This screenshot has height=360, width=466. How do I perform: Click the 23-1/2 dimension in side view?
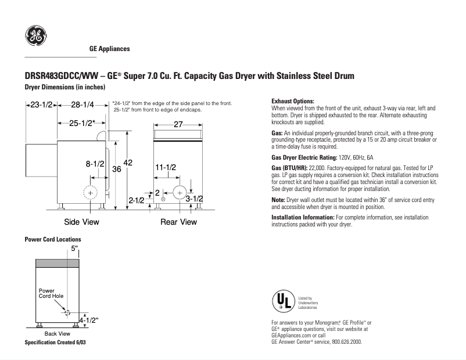[x=41, y=105]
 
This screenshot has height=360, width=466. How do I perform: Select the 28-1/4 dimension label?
[x=83, y=105]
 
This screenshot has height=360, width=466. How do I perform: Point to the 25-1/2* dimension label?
[x=83, y=123]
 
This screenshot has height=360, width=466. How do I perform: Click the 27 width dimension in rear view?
[x=178, y=124]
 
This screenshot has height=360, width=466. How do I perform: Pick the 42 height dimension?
[x=128, y=164]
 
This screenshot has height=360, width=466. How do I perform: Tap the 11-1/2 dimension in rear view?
[x=166, y=167]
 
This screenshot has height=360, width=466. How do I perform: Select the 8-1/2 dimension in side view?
[x=95, y=164]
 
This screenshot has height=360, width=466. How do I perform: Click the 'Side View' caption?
[x=81, y=222]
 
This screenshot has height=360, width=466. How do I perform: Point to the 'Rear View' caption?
[x=178, y=222]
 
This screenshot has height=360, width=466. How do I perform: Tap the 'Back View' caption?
[x=57, y=334]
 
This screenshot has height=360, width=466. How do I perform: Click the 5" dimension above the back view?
[x=74, y=249]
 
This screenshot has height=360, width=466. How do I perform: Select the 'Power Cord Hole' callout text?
[x=51, y=293]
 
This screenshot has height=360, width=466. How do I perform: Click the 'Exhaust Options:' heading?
[x=293, y=101]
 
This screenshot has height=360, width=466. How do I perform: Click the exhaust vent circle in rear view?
[x=178, y=192]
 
